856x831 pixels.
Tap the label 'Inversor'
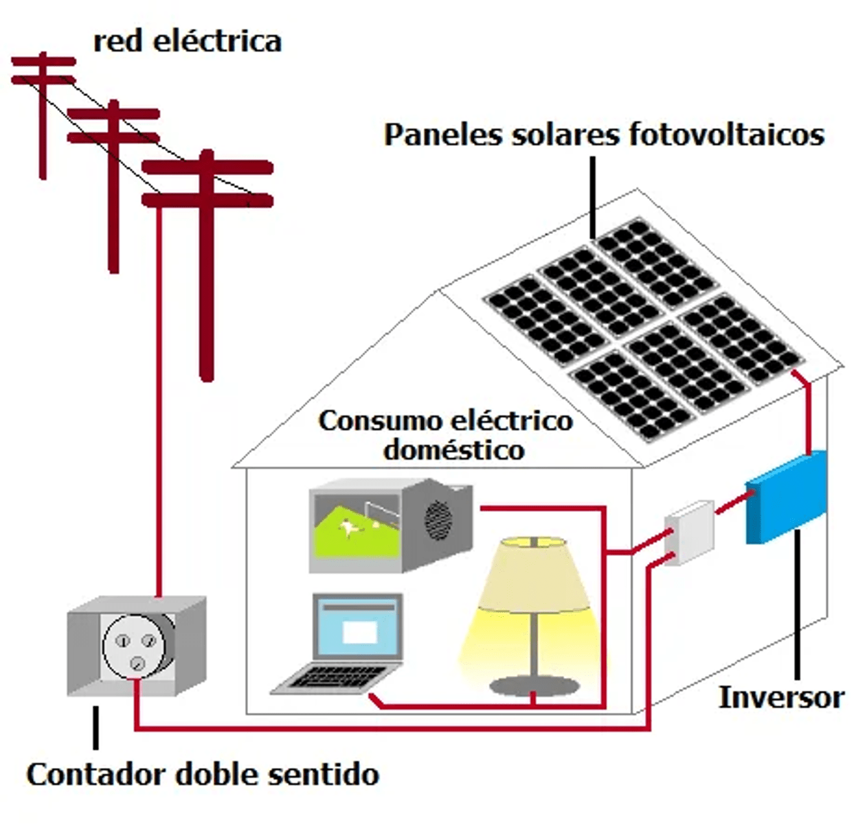[x=781, y=698]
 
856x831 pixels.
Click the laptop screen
[x=358, y=628]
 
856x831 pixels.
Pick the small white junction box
[x=689, y=532]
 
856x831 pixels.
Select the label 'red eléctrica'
[x=187, y=40]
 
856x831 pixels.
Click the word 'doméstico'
[x=454, y=449]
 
